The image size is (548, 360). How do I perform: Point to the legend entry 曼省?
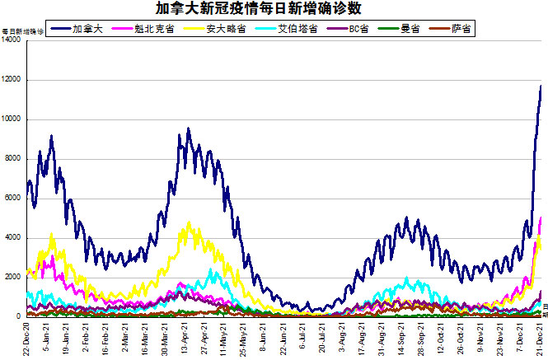[410, 28]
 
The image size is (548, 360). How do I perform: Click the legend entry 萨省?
[461, 28]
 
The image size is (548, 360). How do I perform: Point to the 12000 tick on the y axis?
[12, 80]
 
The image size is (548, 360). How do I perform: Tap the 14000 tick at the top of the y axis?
[12, 40]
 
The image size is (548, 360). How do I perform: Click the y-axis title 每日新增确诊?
[23, 31]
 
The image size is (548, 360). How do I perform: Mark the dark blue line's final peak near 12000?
[541, 86]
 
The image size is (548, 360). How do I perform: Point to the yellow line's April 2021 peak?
[190, 222]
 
